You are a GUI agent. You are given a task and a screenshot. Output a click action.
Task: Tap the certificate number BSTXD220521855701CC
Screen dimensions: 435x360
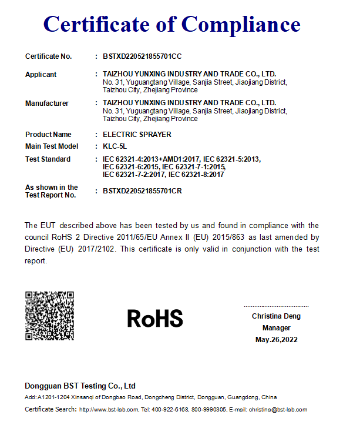click(142, 56)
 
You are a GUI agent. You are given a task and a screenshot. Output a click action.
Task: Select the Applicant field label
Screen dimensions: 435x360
click(41, 75)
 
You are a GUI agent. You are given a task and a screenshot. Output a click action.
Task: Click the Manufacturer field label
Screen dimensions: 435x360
click(47, 103)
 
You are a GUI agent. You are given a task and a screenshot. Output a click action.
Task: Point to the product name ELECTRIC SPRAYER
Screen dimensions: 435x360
click(137, 135)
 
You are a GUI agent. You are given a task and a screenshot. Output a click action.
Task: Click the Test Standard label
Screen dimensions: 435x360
click(48, 159)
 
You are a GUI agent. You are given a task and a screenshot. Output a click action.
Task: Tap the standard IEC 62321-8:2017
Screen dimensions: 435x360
click(196, 175)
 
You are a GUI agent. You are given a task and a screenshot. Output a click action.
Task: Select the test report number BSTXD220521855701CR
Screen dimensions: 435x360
click(142, 191)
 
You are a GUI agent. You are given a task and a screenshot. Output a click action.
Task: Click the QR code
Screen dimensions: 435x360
click(49, 316)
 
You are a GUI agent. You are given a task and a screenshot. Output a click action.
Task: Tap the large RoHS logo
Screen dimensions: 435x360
click(155, 319)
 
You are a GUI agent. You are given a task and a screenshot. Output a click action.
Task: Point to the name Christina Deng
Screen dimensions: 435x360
click(276, 316)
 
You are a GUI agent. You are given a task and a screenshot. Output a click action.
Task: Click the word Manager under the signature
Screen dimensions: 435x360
click(276, 328)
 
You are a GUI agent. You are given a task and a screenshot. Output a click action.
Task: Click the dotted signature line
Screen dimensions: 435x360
click(276, 306)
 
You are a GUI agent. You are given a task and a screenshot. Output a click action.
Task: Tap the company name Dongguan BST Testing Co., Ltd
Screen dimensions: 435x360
click(80, 386)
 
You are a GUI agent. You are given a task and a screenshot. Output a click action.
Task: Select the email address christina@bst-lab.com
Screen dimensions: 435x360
click(278, 410)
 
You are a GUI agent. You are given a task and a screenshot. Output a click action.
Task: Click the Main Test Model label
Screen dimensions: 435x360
click(52, 146)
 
